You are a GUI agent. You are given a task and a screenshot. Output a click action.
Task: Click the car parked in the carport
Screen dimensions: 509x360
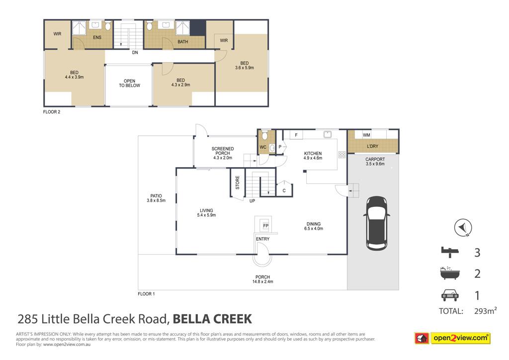pyautogui.click(x=377, y=223)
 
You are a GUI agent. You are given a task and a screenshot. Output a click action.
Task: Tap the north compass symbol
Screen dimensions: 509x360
pyautogui.click(x=463, y=228)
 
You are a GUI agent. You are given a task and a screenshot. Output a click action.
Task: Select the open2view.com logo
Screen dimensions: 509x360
pyautogui.click(x=452, y=338)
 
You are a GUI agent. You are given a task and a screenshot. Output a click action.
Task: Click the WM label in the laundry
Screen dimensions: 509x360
pyautogui.click(x=366, y=135)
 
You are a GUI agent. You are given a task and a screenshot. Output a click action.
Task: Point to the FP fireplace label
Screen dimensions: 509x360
pyautogui.click(x=266, y=226)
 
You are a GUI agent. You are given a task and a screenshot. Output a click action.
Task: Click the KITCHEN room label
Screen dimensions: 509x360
pyautogui.click(x=313, y=153)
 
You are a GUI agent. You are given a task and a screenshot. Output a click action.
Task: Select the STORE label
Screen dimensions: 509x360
pyautogui.click(x=237, y=183)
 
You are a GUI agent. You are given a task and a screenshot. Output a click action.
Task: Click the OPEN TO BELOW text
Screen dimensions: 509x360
pyautogui.click(x=129, y=83)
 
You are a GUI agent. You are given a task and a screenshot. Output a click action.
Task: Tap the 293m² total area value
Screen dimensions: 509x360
pyautogui.click(x=485, y=311)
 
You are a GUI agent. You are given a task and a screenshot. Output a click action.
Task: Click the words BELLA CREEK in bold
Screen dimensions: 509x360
pyautogui.click(x=212, y=319)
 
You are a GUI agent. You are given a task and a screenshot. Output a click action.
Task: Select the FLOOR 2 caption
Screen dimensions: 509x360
pyautogui.click(x=52, y=112)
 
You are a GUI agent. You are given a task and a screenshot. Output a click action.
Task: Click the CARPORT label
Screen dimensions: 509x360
pyautogui.click(x=375, y=160)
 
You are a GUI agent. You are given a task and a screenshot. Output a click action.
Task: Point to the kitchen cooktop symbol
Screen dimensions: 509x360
pyautogui.click(x=342, y=155)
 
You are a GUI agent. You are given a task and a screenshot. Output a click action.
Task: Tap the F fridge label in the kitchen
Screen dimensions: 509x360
pyautogui.click(x=296, y=135)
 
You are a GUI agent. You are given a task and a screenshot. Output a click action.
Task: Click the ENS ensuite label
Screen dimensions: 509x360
pyautogui.click(x=97, y=37)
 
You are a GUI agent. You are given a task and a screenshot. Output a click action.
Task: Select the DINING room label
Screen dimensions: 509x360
pyautogui.click(x=314, y=224)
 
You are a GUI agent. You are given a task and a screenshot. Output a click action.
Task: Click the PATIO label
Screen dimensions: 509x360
pyautogui.click(x=156, y=196)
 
